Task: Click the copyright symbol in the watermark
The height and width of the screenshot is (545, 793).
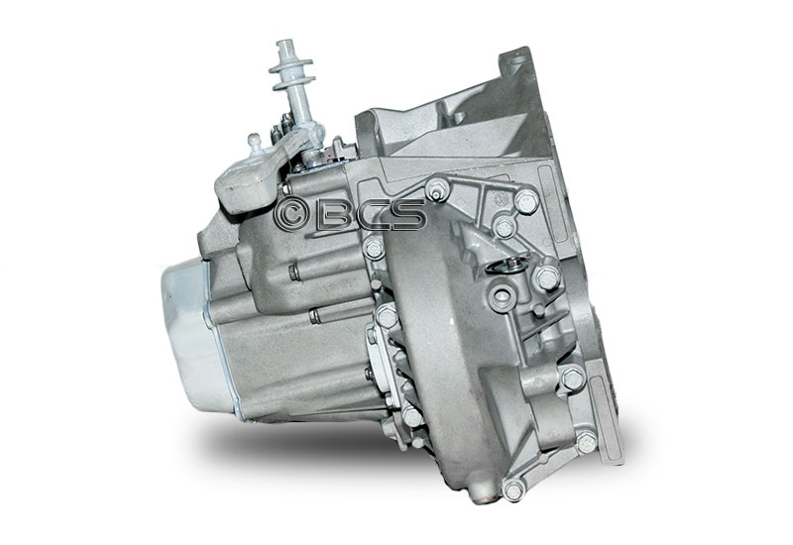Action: point(291,215)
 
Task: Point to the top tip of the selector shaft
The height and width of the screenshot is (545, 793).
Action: point(283,43)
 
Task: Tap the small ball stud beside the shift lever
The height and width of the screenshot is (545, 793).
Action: point(256,143)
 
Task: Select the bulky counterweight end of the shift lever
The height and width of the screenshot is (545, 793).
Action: point(242,186)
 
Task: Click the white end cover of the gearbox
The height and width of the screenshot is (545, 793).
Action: point(192,333)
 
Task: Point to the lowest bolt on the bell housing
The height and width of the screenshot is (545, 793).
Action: point(513,490)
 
